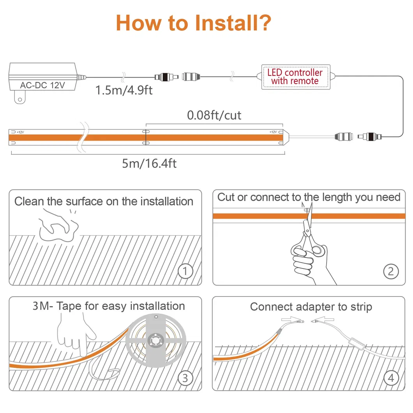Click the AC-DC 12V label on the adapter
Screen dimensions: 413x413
coord(42,85)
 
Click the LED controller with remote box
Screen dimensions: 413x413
coord(295,77)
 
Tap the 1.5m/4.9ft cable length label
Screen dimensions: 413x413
coord(124,90)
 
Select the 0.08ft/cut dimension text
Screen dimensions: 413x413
coord(214,115)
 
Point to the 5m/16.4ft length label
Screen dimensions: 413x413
coord(149,163)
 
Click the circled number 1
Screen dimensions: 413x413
coord(185,271)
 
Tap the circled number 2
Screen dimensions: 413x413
coord(391,271)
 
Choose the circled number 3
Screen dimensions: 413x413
coord(185,378)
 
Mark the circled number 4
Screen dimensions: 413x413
coord(391,378)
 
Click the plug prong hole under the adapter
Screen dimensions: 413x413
coord(20,100)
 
